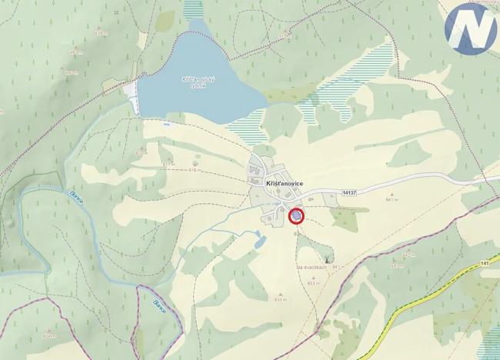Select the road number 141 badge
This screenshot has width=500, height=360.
485,264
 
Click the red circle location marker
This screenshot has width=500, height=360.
296,217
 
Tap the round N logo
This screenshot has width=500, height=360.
470,28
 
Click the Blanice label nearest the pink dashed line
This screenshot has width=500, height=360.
158,304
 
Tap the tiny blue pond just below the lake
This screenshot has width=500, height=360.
167,122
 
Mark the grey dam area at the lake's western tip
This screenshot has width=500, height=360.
132,96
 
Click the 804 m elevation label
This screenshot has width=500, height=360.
48,336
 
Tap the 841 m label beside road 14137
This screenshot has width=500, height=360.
393,199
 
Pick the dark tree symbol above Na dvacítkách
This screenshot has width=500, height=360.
330,258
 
